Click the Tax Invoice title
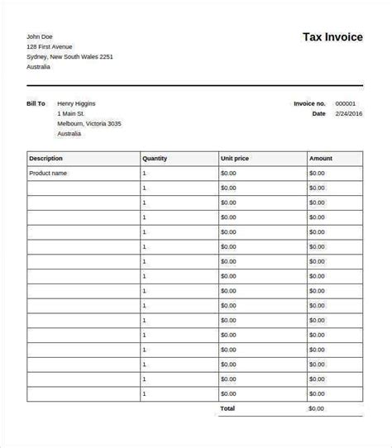(332, 37)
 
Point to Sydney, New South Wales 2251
(69, 57)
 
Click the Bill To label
(36, 103)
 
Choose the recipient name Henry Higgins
(76, 103)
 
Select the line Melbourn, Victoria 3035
(89, 123)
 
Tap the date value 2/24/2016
(347, 113)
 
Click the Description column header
(46, 158)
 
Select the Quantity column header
(155, 158)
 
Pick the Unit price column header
(236, 158)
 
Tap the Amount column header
(321, 158)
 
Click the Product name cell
(49, 174)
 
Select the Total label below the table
(227, 408)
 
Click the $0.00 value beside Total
(317, 408)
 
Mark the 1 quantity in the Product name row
(144, 174)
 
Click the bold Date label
(318, 113)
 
